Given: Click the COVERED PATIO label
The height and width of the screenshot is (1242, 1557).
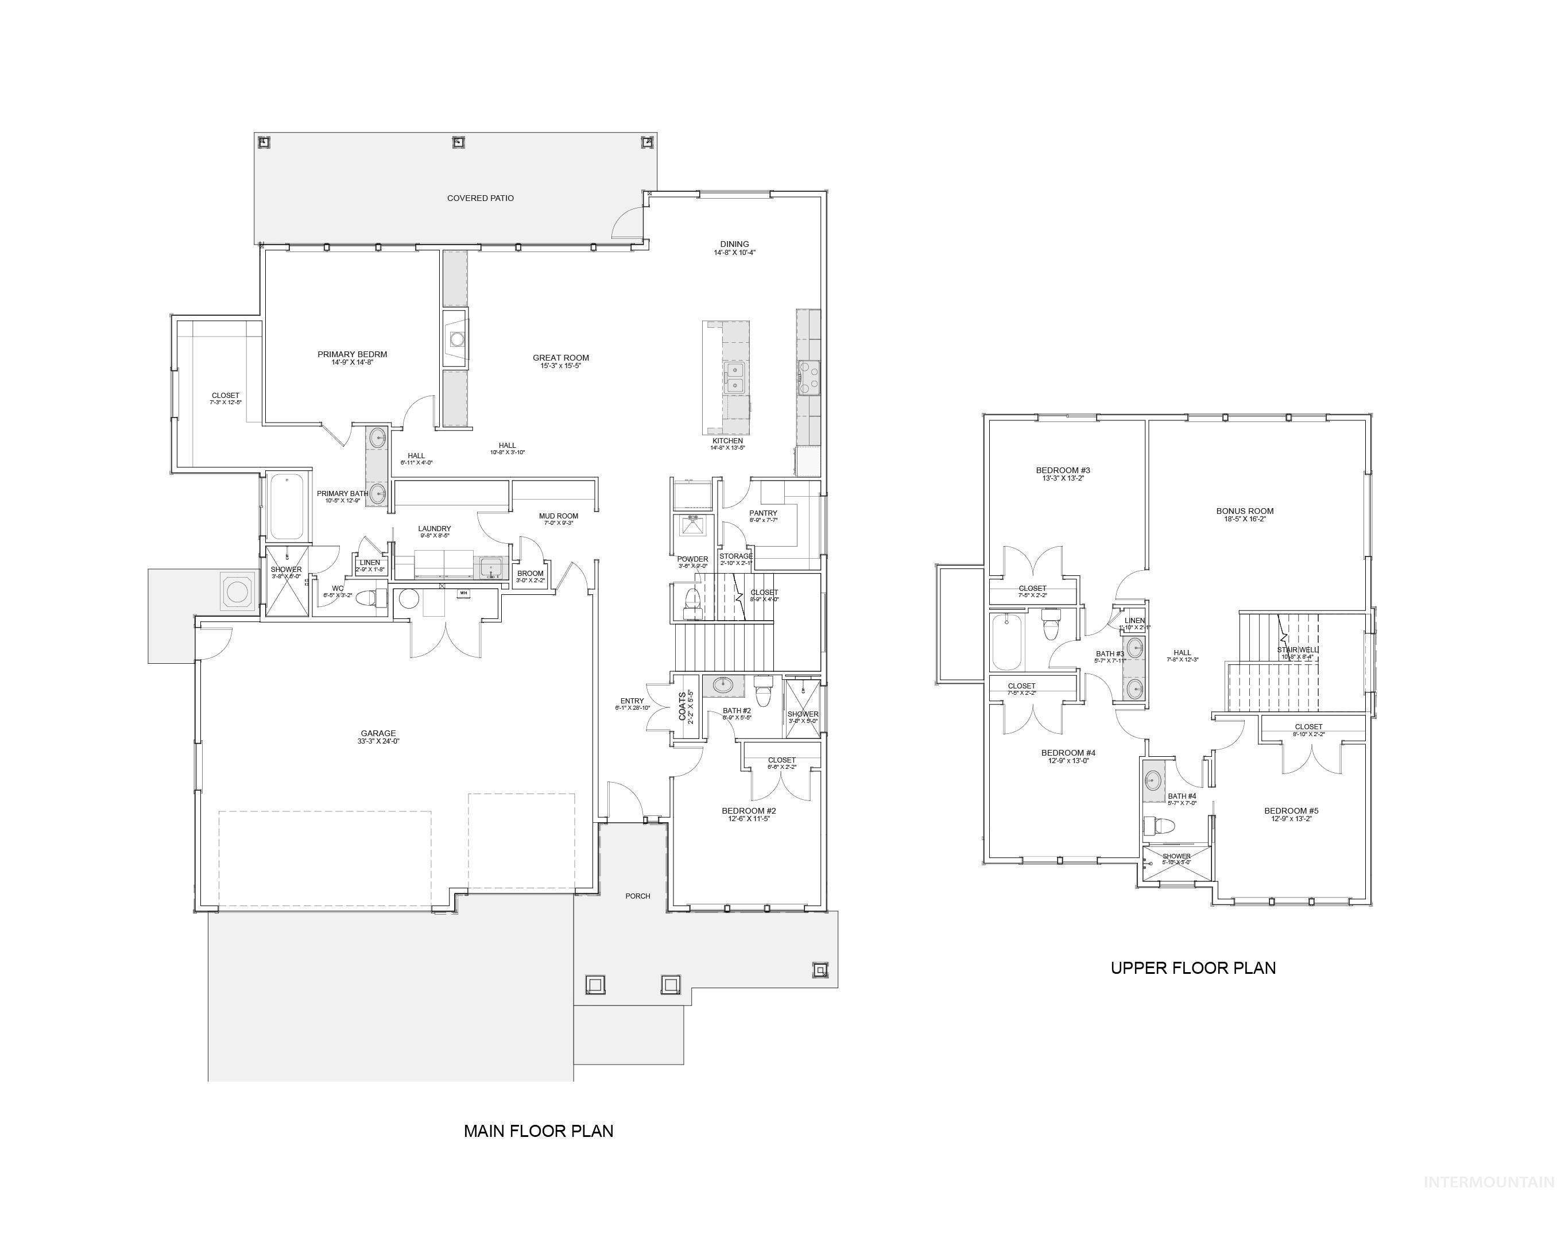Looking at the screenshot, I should point(480,198).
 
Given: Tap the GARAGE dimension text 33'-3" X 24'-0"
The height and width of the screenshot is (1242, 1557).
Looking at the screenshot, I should point(378,742).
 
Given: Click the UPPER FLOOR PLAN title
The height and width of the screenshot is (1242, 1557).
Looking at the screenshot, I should point(1193,968).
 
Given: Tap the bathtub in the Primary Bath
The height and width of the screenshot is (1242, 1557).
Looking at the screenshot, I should point(286,507).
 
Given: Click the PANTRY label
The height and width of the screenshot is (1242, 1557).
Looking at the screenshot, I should point(764,513).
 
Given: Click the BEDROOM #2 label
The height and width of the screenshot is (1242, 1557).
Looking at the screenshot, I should point(749,811).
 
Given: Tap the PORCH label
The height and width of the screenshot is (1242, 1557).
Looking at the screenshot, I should point(638,896).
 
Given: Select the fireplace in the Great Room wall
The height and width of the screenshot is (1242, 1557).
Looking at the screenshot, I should point(456,339).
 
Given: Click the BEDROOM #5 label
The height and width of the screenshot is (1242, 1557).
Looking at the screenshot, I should point(1291,811).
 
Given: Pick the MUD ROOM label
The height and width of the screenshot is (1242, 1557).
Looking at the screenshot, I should point(558,516).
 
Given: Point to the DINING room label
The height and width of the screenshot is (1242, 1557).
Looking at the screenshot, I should point(734,244).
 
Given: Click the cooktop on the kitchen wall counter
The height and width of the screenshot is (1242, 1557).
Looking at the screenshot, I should point(809,377).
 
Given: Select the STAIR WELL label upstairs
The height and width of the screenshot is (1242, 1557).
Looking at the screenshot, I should point(1297,650).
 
